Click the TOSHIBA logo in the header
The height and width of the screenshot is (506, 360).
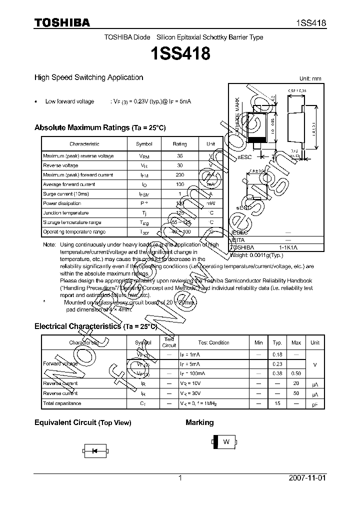(62, 22)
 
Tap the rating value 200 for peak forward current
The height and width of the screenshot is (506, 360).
(180, 175)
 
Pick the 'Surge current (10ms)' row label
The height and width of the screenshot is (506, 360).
(66, 194)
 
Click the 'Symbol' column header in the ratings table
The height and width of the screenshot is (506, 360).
(144, 144)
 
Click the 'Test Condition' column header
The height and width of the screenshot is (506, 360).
(213, 343)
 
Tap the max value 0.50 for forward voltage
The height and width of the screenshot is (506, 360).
(296, 374)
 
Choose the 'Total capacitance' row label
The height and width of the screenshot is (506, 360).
(62, 403)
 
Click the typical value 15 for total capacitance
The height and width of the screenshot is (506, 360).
(277, 403)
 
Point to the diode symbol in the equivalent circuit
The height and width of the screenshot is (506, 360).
(93, 451)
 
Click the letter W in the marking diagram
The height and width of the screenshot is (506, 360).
(226, 441)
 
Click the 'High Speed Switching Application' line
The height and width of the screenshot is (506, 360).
(88, 77)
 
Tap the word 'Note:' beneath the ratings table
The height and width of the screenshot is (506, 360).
(49, 245)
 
